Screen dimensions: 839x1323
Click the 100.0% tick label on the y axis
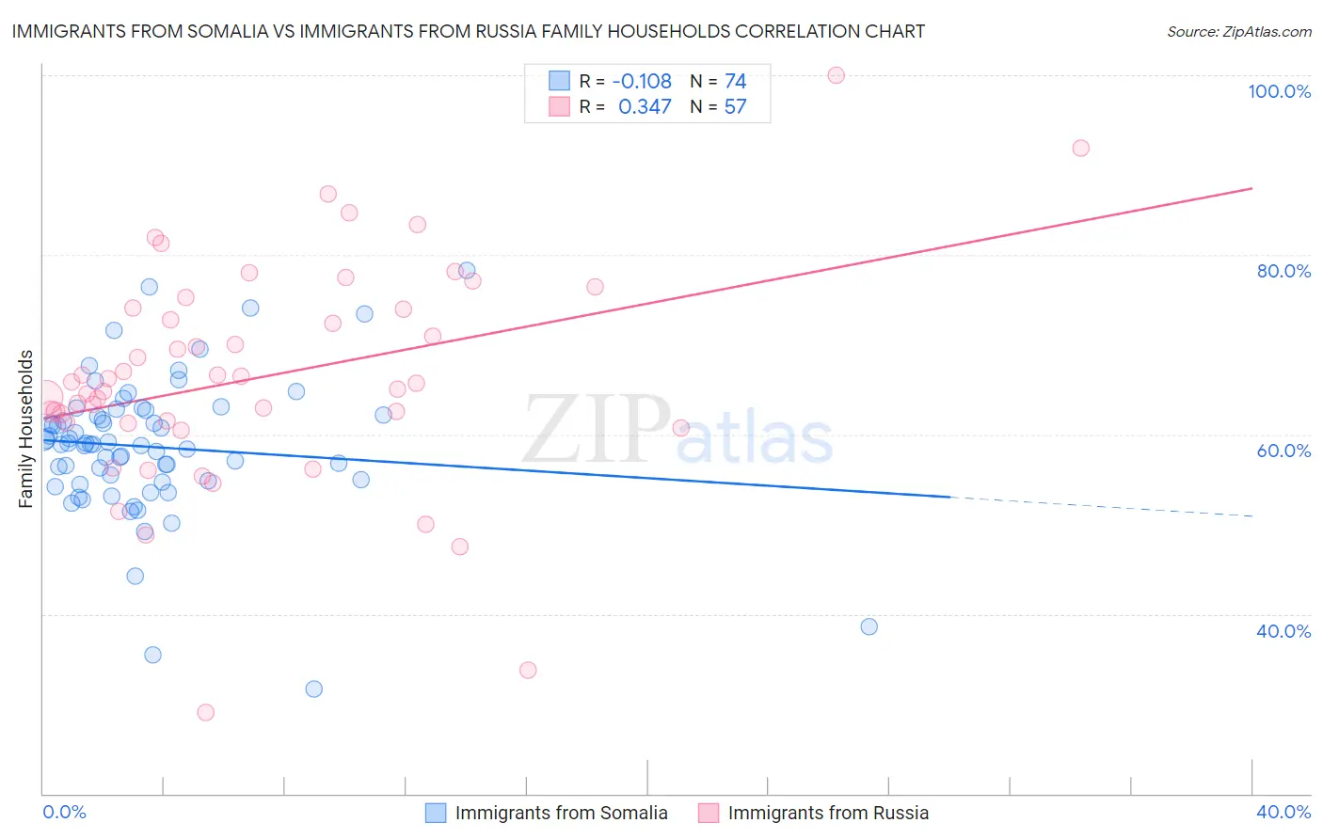[x=1279, y=91]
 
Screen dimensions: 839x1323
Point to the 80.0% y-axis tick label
[x=1283, y=271]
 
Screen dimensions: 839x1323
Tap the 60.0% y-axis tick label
[x=1283, y=451]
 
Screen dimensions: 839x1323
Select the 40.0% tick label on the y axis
[x=1283, y=630]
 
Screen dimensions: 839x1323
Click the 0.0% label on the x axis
[x=64, y=812]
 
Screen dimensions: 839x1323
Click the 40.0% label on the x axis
[x=1283, y=812]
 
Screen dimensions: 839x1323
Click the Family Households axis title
[x=26, y=429]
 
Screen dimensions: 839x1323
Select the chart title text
[x=468, y=31]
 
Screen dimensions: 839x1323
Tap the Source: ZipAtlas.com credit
[x=1238, y=31]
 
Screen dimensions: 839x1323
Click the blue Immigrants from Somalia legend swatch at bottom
[x=436, y=813]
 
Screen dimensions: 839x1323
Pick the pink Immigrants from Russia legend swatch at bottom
[x=709, y=813]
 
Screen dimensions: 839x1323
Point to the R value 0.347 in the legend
[x=645, y=107]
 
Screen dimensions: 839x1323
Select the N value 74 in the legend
[x=735, y=82]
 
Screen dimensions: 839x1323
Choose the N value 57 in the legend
[x=735, y=107]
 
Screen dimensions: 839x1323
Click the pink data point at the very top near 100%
[x=836, y=75]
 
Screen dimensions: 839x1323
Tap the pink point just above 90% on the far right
[x=1080, y=148]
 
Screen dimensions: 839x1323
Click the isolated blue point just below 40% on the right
[x=869, y=626]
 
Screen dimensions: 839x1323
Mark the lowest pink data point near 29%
[x=205, y=712]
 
